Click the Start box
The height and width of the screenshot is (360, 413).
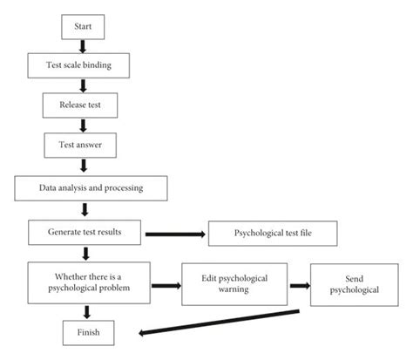[83, 27]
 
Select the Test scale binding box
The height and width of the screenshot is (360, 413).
[83, 65]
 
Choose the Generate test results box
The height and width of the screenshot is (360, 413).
[84, 233]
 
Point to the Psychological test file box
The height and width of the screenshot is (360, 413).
[270, 234]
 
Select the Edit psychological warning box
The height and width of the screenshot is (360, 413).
[234, 284]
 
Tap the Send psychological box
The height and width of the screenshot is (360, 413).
[353, 285]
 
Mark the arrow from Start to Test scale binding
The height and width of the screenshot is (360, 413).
[83, 45]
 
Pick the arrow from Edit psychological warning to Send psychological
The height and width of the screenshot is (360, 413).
[301, 284]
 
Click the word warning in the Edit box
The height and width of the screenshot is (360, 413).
[234, 291]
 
